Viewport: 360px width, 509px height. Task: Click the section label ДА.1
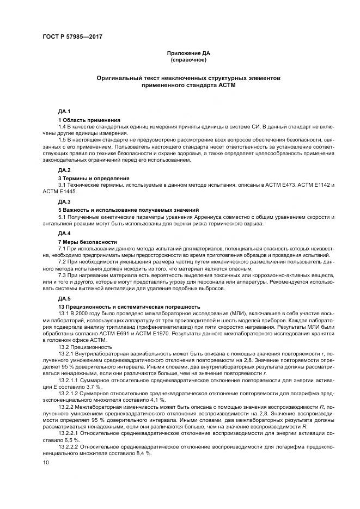[64, 111]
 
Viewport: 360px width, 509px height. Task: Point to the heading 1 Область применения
[89, 119]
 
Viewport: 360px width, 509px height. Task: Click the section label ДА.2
[64, 170]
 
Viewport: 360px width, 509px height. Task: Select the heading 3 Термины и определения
[94, 178]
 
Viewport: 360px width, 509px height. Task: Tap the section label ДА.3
[64, 201]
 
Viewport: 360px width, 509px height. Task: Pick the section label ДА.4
[64, 232]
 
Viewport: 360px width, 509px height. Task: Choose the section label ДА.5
[64, 299]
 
